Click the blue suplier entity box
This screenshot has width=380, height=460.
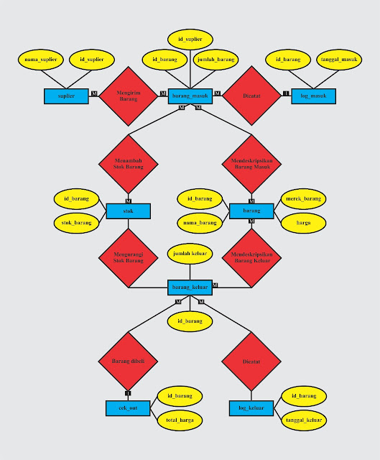click(66, 96)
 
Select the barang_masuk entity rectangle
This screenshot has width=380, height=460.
click(190, 96)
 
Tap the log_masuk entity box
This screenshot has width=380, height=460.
click(313, 96)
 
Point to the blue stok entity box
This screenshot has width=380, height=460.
click(129, 211)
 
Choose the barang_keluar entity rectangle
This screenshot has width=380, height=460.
click(190, 287)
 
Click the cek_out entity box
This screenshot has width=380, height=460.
click(128, 408)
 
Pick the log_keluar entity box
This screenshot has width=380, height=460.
click(251, 408)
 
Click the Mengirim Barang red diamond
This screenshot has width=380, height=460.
click(129, 96)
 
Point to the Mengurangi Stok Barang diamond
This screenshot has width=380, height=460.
click(129, 257)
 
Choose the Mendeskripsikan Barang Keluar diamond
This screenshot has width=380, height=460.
click(251, 257)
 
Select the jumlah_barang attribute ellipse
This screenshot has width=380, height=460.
click(216, 59)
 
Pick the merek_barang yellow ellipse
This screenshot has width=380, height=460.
click(302, 198)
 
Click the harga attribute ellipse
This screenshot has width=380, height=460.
click(302, 223)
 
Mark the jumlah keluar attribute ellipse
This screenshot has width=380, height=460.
click(190, 253)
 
